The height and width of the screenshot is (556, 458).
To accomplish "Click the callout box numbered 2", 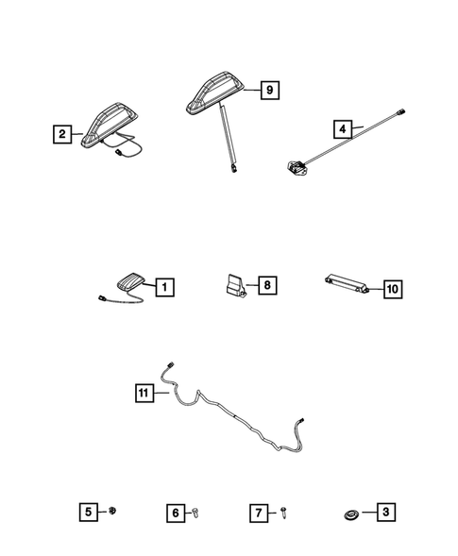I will point(62,135).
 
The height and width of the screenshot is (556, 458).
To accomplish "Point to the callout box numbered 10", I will point(392,289).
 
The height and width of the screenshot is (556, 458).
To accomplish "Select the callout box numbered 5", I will point(88,513).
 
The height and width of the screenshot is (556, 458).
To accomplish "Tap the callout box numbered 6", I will point(176,513).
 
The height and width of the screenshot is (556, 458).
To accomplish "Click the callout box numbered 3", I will point(384,513).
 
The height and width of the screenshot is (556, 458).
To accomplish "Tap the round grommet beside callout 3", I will point(349,514).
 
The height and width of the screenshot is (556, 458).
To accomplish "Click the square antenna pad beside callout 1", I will point(129,280).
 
